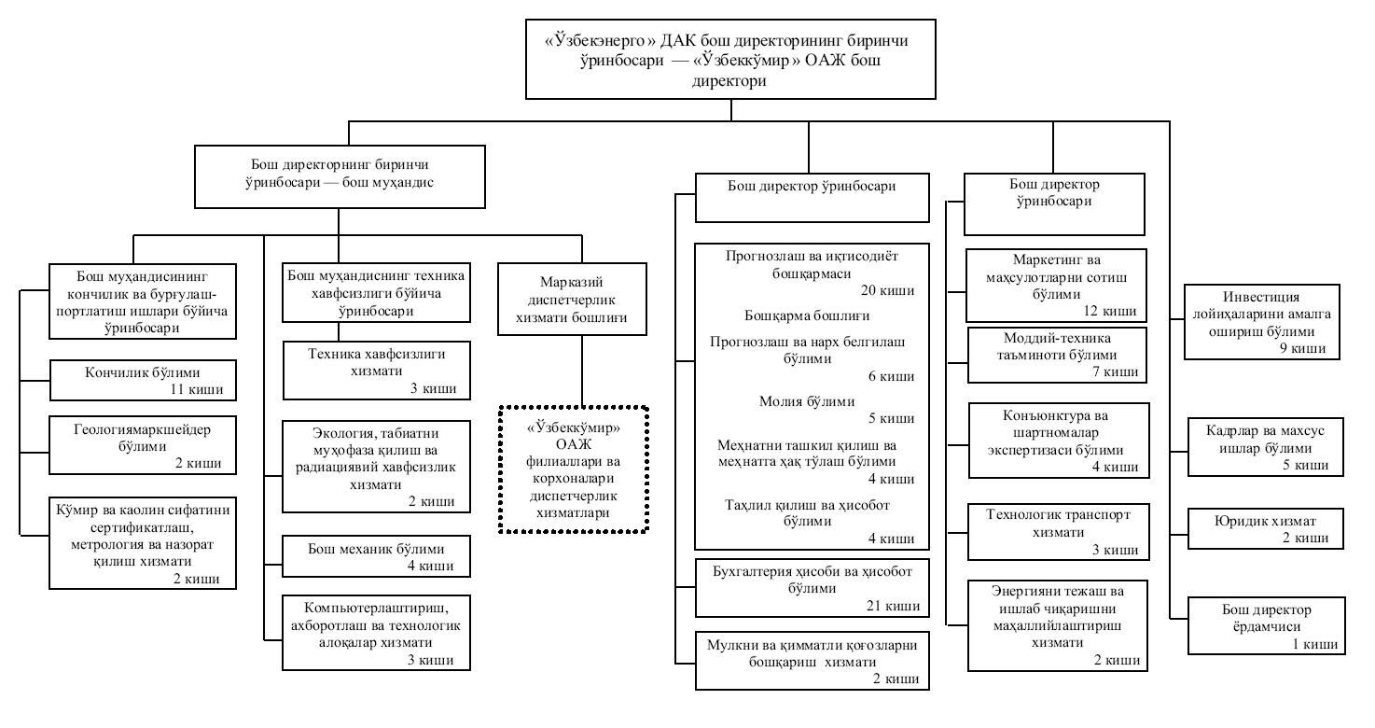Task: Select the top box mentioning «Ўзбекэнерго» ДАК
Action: [x=730, y=59]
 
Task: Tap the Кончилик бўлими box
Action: [x=143, y=380]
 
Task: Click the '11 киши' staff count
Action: [x=197, y=389]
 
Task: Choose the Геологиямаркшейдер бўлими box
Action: [x=143, y=445]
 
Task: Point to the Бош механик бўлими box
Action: [x=376, y=556]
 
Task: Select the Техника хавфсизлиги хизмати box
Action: [x=376, y=371]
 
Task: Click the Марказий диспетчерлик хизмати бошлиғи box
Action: [x=572, y=300]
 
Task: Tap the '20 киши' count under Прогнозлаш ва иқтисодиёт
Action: [x=887, y=290]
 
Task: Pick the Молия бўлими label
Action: [x=807, y=401]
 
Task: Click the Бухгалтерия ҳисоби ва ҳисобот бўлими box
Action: [x=812, y=588]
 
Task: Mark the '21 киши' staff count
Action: [x=893, y=606]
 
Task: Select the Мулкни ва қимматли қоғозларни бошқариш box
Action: [x=812, y=661]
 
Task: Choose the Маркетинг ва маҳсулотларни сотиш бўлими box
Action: [x=1056, y=286]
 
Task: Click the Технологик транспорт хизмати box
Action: [x=1058, y=532]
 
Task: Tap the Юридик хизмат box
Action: [x=1266, y=528]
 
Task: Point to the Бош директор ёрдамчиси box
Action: [x=1267, y=625]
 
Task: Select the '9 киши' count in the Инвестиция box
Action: [x=1302, y=348]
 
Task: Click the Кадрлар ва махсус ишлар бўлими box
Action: [x=1266, y=447]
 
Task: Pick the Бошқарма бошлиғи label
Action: [x=807, y=315]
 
